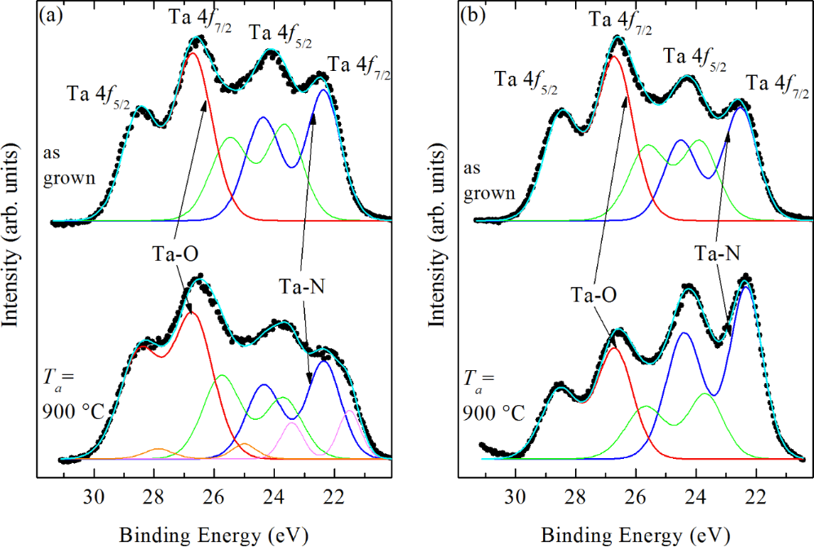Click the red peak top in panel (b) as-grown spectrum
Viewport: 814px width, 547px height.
[x=614, y=57]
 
